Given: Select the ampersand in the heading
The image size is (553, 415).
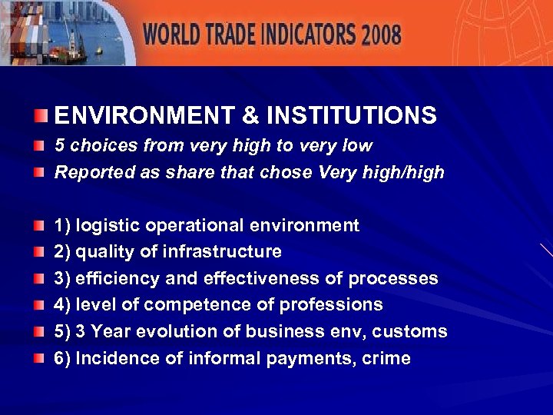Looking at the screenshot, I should point(250,116).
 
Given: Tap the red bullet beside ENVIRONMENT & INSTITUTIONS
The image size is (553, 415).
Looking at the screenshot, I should point(40,117).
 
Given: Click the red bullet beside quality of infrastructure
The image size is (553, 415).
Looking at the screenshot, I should point(40,252).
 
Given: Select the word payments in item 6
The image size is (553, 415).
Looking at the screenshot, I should point(315,358).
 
